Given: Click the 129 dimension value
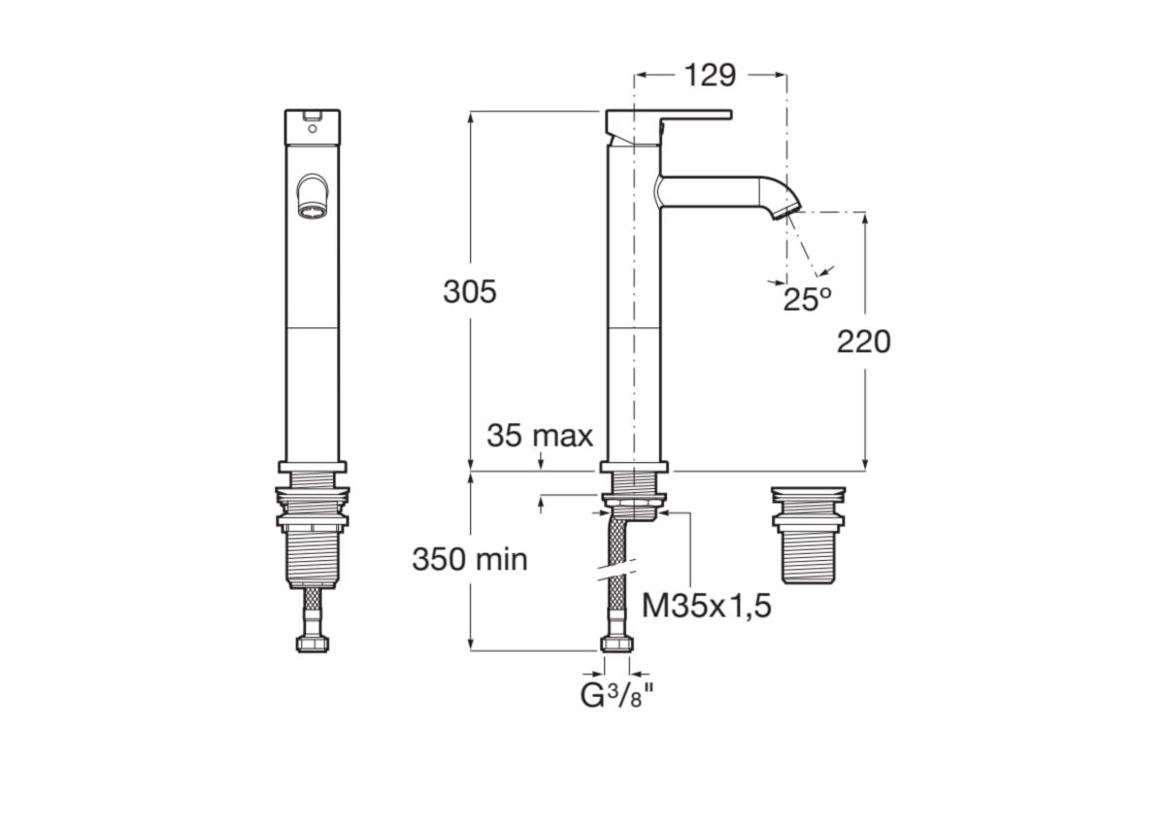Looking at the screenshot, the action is click(x=710, y=76).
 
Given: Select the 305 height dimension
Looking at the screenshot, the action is click(x=470, y=292).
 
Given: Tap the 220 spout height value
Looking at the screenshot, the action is click(x=863, y=342).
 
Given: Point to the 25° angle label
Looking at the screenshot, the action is click(x=807, y=300).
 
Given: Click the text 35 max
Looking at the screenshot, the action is click(x=540, y=436).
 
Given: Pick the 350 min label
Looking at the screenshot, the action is click(x=470, y=559).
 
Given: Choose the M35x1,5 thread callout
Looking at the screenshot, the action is click(x=707, y=607).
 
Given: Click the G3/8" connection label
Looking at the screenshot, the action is click(x=616, y=696).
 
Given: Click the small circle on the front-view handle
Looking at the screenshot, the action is click(x=312, y=128).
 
